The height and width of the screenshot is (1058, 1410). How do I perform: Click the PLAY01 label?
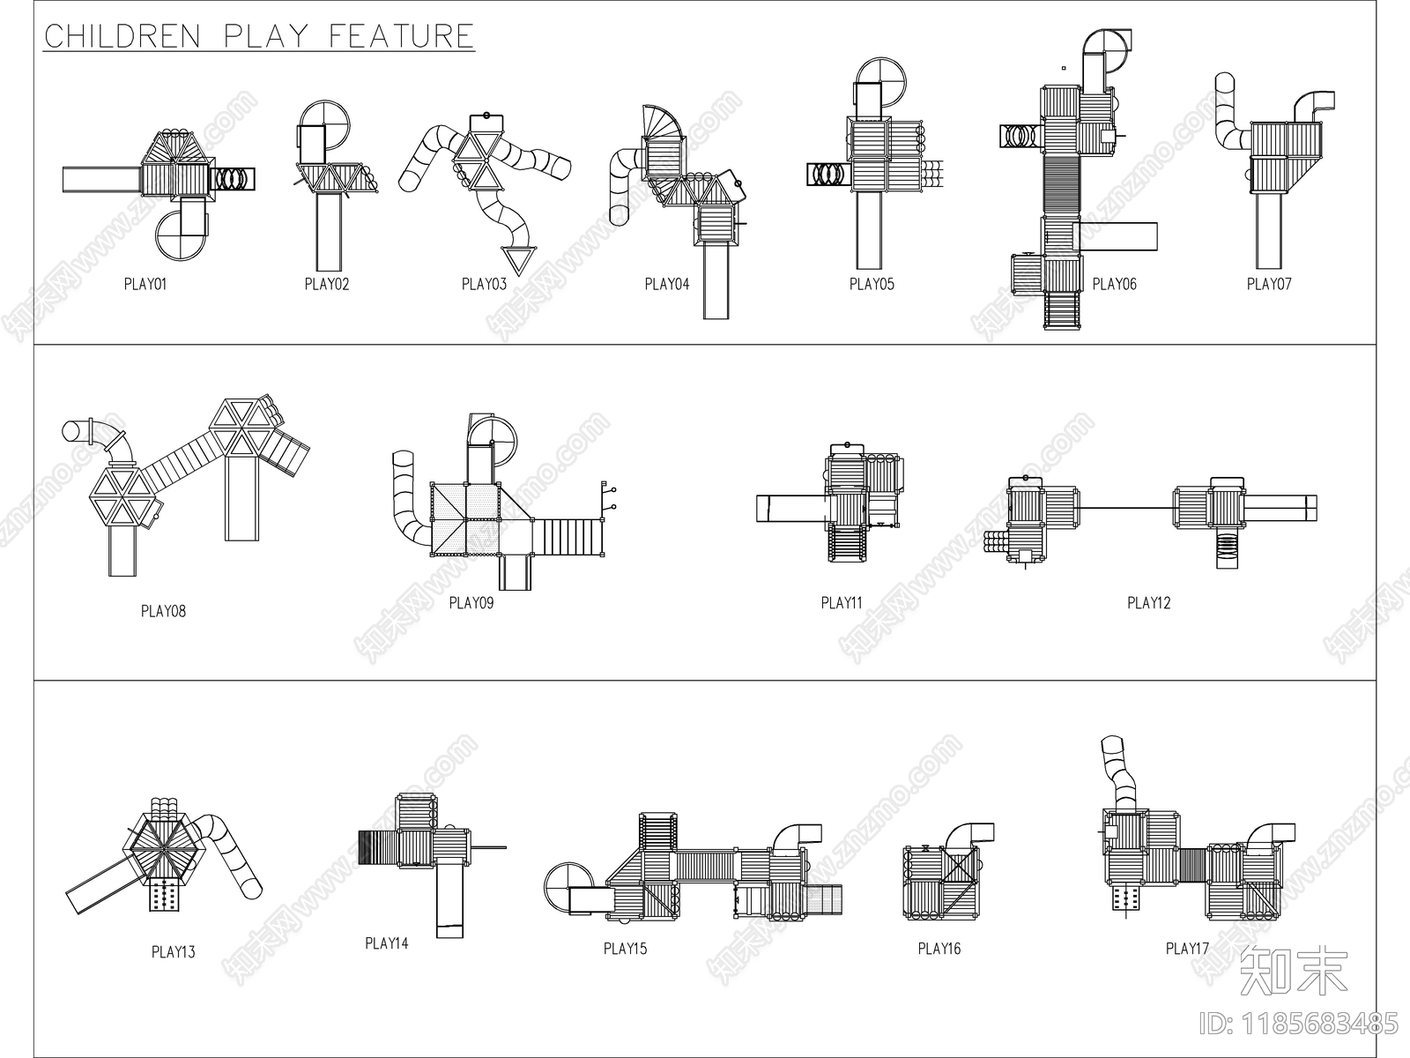(145, 284)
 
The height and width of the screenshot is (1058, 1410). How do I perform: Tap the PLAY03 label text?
(484, 284)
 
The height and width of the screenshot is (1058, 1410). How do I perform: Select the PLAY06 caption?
(1114, 284)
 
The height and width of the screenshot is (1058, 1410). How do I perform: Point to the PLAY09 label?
(471, 602)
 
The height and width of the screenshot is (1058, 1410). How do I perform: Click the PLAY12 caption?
(1148, 602)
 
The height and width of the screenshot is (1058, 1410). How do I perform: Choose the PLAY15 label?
(625, 948)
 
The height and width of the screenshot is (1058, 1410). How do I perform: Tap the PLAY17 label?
(1187, 948)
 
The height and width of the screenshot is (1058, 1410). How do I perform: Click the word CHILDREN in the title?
(122, 36)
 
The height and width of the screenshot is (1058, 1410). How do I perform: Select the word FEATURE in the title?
(402, 36)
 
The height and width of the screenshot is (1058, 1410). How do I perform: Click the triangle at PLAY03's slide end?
(518, 260)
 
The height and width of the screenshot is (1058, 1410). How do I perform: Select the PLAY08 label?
(163, 611)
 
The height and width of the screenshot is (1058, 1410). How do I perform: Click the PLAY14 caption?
(387, 943)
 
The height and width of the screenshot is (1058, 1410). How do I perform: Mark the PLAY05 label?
(872, 284)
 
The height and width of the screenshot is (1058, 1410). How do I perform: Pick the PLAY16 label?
(939, 948)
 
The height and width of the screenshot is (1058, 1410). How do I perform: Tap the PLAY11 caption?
(842, 602)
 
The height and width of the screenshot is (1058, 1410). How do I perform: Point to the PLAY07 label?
(1269, 284)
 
